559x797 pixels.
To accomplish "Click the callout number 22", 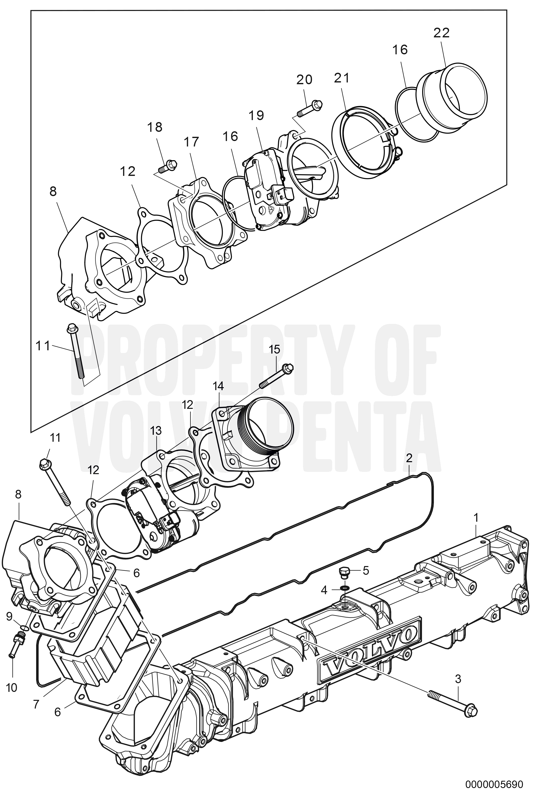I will pyautogui.click(x=441, y=33).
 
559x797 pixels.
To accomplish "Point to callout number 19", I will pyautogui.click(x=256, y=115).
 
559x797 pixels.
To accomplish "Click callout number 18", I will pyautogui.click(x=155, y=127).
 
